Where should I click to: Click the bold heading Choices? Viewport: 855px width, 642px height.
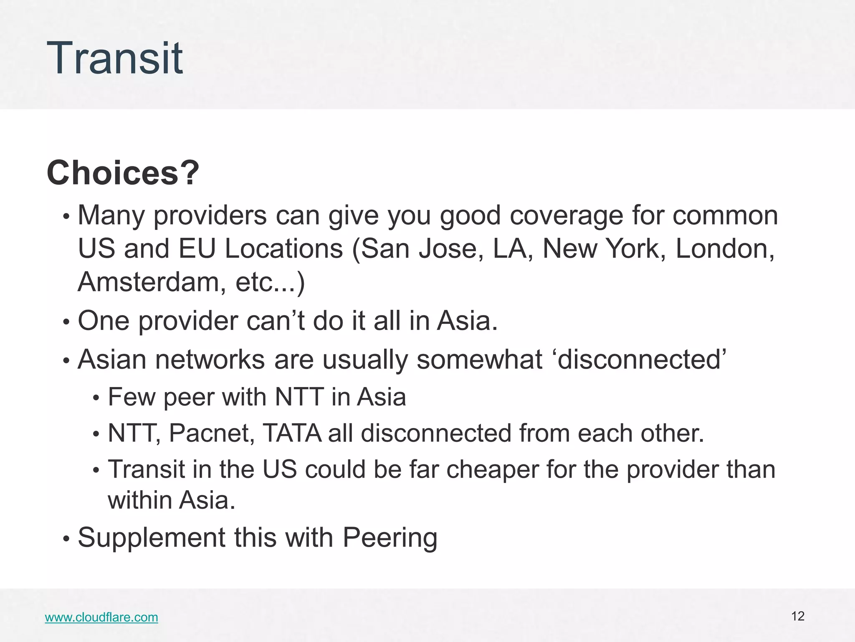coord(123,173)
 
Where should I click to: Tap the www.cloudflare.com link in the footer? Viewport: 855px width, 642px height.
coord(101,617)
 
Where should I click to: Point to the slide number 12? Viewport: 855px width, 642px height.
coord(798,616)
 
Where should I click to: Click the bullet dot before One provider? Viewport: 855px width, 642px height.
coord(66,322)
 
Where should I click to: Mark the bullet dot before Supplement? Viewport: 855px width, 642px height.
coord(66,539)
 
